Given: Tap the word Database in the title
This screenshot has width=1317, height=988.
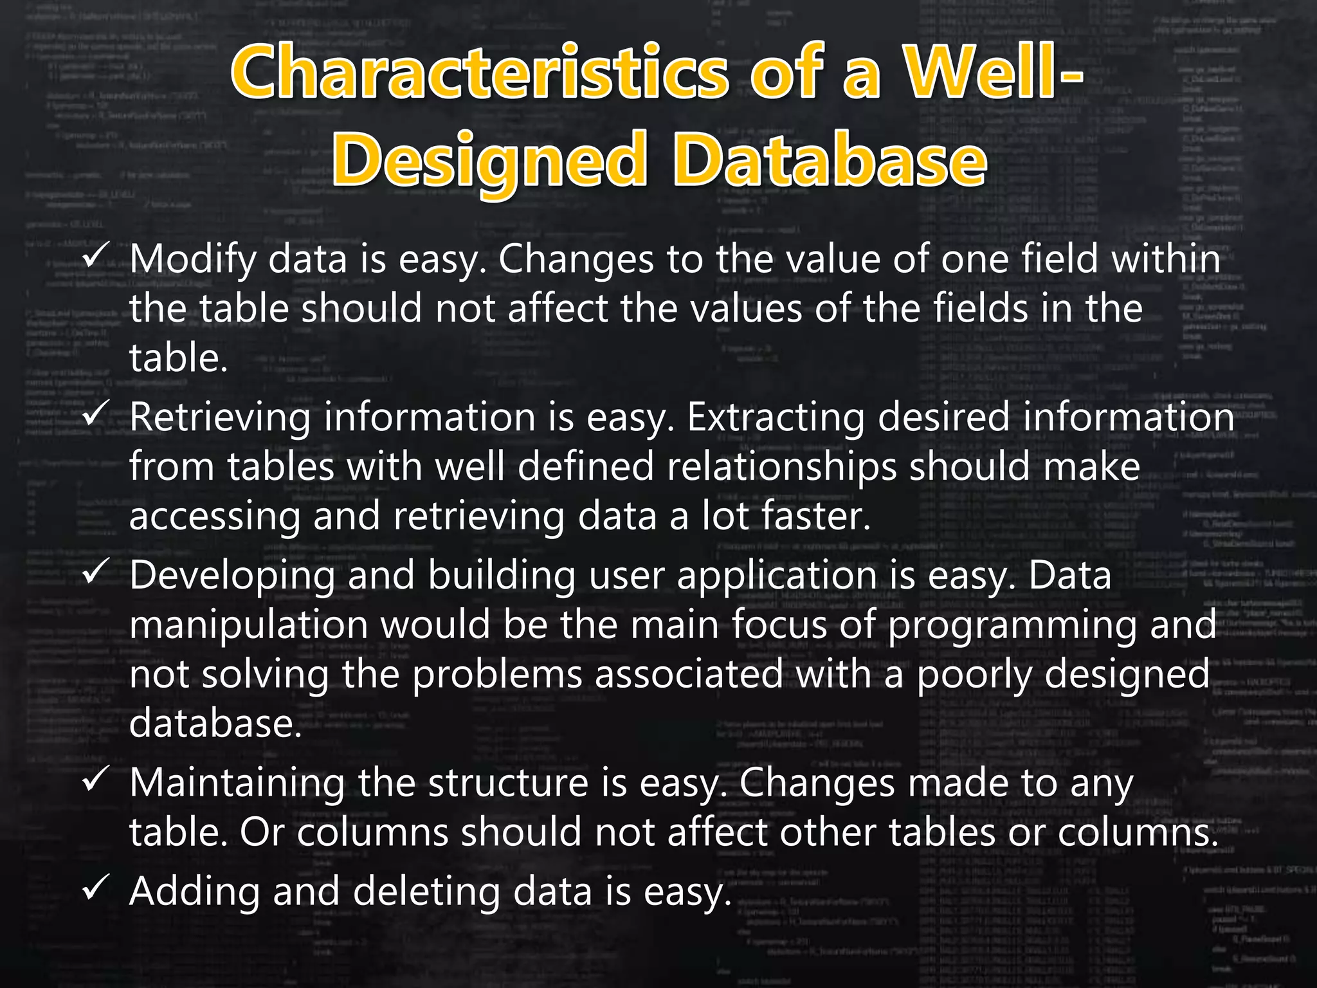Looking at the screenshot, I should point(829,158).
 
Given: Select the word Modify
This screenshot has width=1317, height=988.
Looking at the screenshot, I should point(192,259).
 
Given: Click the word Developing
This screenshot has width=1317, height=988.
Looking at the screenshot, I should point(232,576).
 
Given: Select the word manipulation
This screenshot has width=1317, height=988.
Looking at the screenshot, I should point(248,625).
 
